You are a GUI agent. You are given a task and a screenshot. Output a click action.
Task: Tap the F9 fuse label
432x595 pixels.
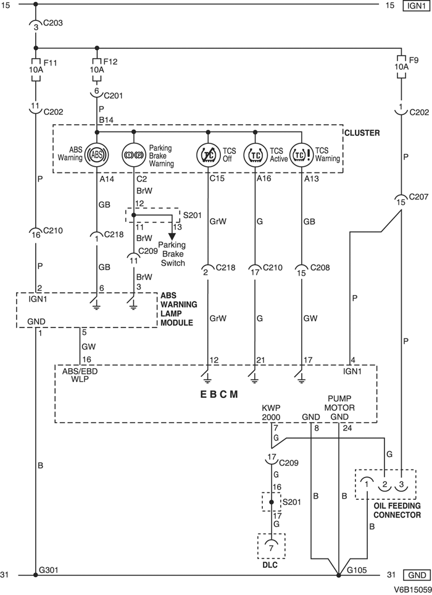coord(414,60)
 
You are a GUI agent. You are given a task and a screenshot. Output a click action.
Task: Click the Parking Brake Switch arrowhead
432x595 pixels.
coord(172,237)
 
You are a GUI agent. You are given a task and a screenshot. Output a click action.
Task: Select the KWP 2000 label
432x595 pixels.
coord(271,413)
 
